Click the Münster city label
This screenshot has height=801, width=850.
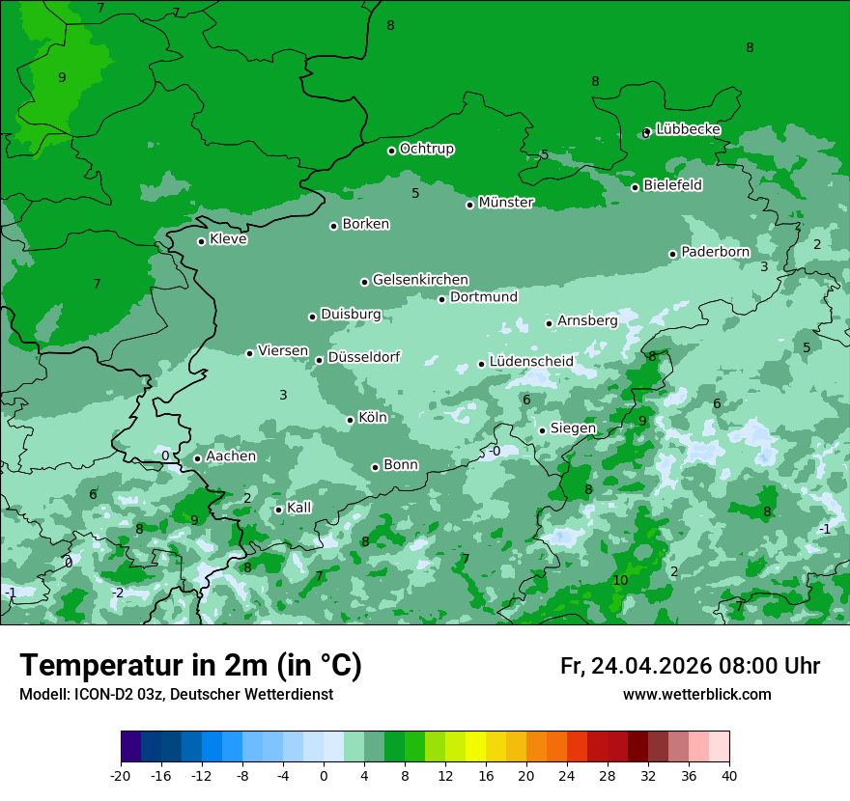506,203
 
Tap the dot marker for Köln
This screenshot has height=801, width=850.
351,420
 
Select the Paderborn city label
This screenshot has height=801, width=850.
715,252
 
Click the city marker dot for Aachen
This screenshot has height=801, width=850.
197,458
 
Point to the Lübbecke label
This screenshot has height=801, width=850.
688,129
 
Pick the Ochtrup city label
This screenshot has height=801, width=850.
427,149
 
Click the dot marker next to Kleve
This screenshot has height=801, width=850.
201,241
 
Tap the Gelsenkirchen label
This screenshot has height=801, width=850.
420,280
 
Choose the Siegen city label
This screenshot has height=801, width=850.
573,428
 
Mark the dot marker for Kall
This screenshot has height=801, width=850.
278,510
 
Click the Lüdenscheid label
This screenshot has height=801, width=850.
531,362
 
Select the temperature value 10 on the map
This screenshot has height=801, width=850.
620,580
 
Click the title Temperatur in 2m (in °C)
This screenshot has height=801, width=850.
190,666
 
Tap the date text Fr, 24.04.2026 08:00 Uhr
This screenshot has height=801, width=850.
690,666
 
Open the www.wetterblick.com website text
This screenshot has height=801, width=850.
696,695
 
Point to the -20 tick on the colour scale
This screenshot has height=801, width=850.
121,775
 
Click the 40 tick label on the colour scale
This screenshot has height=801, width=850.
729,775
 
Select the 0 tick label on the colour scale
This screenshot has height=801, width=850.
324,775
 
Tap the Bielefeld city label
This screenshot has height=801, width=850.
672,184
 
